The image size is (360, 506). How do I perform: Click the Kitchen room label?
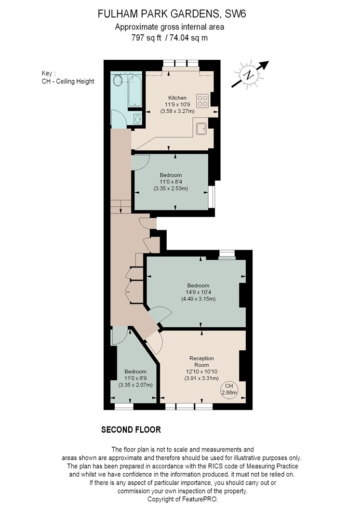tap(177, 98)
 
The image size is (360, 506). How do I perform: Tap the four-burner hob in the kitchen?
tap(202, 100)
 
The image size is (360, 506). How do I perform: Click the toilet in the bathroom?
tap(118, 81)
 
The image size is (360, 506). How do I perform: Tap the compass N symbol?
tap(249, 75)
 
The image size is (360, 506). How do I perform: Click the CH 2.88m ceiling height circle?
tap(229, 389)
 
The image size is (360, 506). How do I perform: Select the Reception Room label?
tap(201, 361)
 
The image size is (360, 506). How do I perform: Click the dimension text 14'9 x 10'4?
tap(199, 292)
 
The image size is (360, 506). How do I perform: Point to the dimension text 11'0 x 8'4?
tap(171, 182)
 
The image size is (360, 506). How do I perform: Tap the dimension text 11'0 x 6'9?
tap(135, 378)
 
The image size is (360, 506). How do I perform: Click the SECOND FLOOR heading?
tap(131, 429)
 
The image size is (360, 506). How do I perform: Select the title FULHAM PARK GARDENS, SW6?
tap(172, 14)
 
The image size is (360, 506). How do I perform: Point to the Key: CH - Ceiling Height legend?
tap(68, 77)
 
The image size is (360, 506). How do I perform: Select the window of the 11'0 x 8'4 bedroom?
tap(211, 197)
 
